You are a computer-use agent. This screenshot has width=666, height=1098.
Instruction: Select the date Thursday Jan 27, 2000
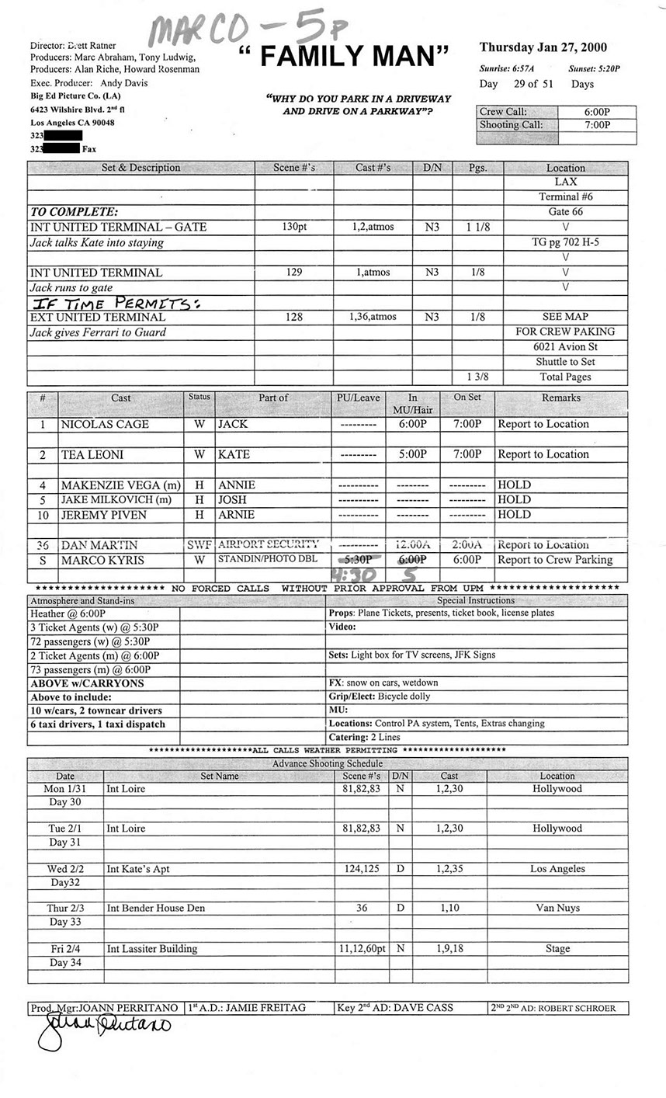coord(543,48)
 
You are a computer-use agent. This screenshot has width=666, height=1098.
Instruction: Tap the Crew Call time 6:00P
coord(597,112)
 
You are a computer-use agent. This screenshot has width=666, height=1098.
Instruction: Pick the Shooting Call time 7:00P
coord(597,125)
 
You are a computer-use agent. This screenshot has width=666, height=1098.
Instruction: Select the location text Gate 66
coord(565,212)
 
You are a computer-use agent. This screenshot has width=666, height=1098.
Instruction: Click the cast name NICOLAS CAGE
coord(106,425)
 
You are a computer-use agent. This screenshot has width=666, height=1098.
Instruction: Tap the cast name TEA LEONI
coord(92,455)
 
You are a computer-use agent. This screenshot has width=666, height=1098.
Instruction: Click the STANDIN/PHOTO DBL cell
coord(268,560)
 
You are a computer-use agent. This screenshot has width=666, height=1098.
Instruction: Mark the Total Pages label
coord(565,377)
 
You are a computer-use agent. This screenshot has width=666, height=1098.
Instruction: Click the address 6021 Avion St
coord(565,347)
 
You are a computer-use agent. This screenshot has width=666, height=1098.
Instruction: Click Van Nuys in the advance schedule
coord(557,909)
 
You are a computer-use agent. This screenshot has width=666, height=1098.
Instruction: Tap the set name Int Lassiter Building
coord(152,949)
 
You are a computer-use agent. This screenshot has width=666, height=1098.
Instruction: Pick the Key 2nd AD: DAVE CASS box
coord(395,1008)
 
